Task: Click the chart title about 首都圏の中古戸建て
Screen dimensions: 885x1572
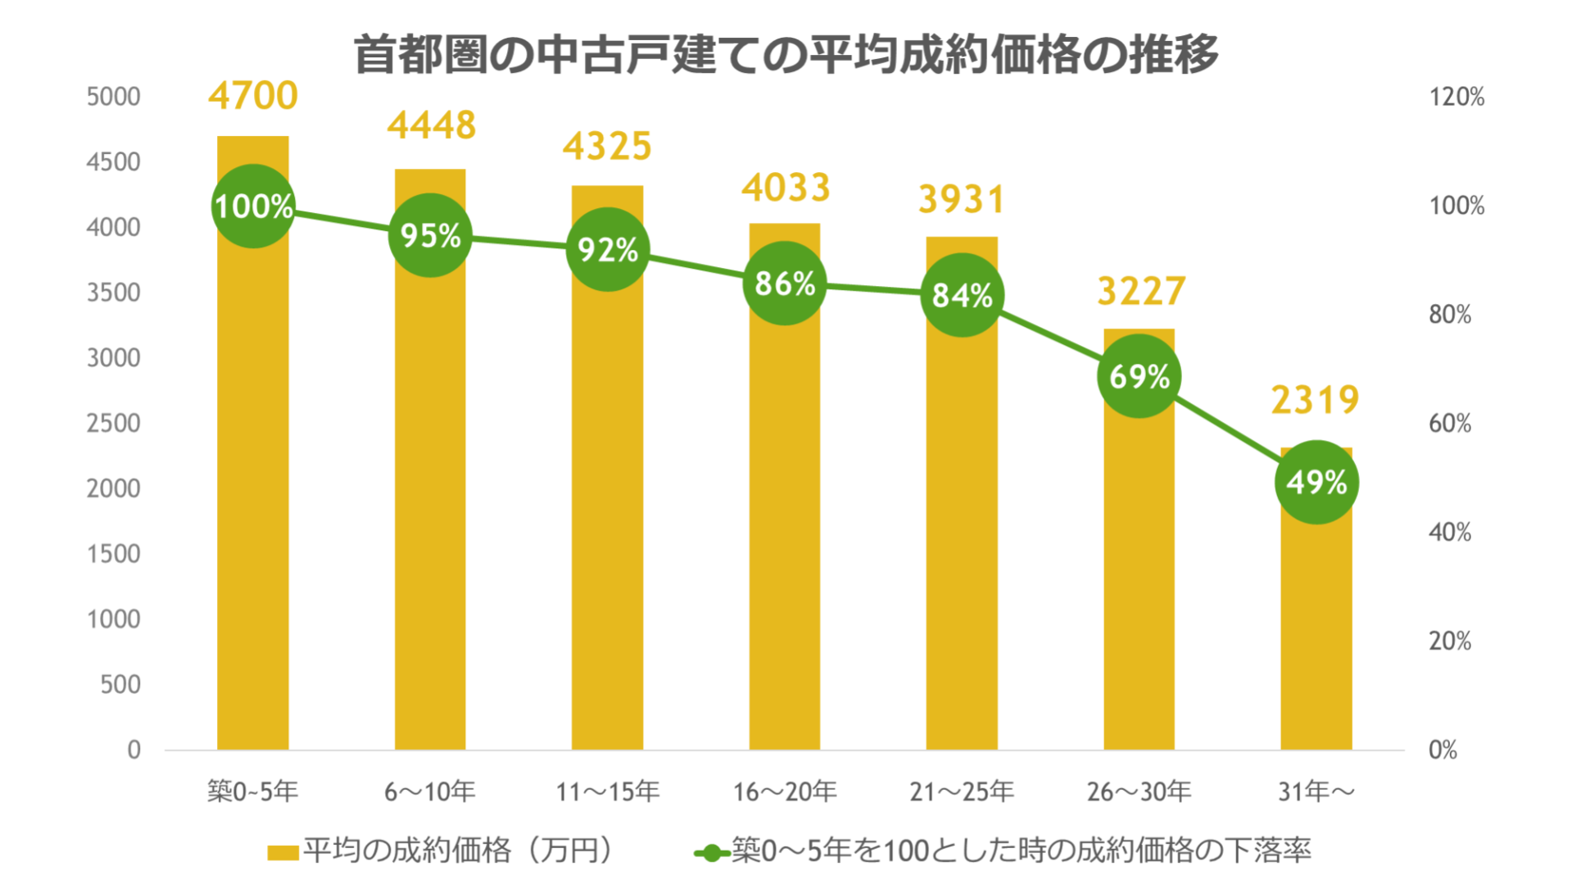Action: tap(786, 54)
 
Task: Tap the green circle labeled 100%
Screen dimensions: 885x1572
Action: tap(253, 206)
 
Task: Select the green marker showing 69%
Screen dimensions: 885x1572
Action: tap(1139, 376)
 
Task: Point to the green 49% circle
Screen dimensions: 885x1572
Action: tap(1316, 482)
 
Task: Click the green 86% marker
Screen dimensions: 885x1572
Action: tap(784, 284)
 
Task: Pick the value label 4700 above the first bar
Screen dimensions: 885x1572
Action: tap(253, 96)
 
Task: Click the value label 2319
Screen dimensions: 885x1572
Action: tap(1315, 400)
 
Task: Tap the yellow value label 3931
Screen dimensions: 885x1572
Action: tap(961, 199)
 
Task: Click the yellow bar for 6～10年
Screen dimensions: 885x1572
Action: tap(430, 508)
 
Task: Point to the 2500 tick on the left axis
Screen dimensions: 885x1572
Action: tap(114, 424)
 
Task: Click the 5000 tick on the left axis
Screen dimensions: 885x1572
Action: tap(114, 97)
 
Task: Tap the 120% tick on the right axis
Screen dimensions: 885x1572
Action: tap(1456, 97)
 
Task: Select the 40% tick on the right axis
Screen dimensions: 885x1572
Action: tap(1449, 533)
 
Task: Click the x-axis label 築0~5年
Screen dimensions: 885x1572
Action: tap(252, 792)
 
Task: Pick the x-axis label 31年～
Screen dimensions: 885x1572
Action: tap(1316, 792)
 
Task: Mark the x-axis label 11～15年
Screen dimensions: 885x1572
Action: tap(607, 792)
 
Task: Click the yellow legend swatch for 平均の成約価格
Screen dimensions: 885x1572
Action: tap(283, 852)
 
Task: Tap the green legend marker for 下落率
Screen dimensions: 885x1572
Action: tap(712, 853)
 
